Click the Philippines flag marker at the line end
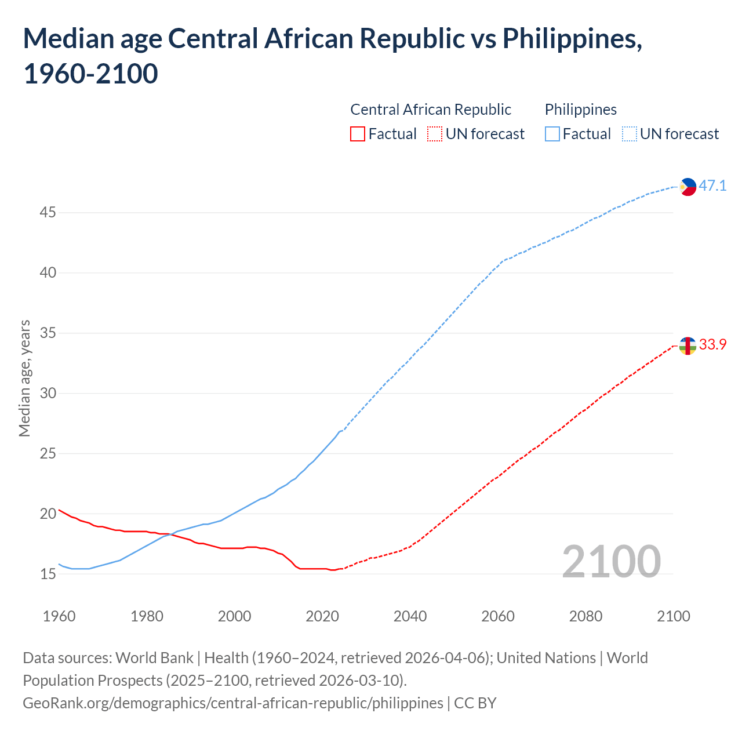point(688,187)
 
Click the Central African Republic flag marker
point(688,345)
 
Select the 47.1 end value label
point(712,186)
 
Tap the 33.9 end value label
point(712,345)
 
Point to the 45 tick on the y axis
point(48,213)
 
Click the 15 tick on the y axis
point(48,574)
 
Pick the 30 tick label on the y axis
point(48,393)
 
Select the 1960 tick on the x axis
point(59,616)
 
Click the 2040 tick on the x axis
point(410,616)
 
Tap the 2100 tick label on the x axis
point(673,616)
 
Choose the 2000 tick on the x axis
point(234,616)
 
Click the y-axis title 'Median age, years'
point(24,378)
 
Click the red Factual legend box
point(358,134)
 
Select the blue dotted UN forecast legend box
point(630,134)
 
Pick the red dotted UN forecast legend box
point(435,134)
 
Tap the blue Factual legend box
point(552,134)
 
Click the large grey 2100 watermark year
point(611,562)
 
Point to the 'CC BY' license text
point(475,703)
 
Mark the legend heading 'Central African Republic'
point(431,110)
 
